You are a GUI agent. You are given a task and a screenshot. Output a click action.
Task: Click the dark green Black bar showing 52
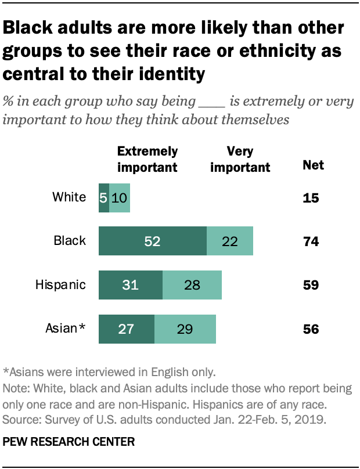pos(153,241)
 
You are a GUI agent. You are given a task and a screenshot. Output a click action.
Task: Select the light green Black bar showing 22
pos(230,241)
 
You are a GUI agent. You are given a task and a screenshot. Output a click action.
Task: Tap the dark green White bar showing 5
pos(104,198)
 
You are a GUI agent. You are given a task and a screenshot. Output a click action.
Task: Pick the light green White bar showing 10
pos(120,198)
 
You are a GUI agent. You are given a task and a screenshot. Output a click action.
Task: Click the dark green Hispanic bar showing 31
pos(131,285)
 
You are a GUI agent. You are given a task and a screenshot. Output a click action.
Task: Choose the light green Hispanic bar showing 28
pos(192,285)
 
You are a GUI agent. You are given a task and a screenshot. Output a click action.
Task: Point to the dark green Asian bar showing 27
pos(127,329)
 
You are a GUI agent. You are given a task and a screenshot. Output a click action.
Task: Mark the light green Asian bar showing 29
pos(185,329)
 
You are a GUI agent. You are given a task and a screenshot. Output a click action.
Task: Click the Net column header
pos(314,166)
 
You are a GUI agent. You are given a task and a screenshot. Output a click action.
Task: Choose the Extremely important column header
pos(147,159)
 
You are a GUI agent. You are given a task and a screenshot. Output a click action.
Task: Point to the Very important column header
pos(240,159)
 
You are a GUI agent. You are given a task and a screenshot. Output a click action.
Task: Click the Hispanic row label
pos(60,285)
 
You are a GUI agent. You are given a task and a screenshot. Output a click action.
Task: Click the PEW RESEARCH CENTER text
pos(69,442)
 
